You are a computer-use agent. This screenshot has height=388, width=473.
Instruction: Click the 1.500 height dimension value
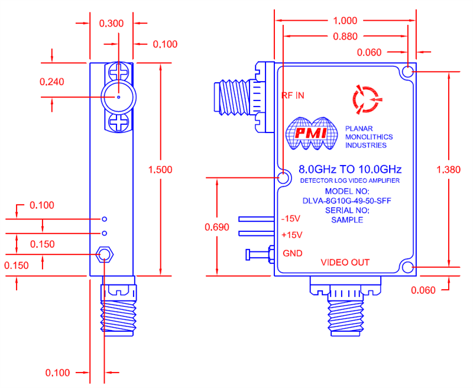tap(160, 169)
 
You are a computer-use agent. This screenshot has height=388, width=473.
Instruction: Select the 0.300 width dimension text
tap(111, 24)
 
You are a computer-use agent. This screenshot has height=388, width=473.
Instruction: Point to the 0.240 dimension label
tap(51, 82)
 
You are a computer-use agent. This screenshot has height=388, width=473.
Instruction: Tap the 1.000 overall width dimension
tap(346, 19)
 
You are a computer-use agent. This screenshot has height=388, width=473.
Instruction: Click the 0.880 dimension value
tap(345, 36)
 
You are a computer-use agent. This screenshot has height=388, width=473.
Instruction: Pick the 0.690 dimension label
tap(216, 227)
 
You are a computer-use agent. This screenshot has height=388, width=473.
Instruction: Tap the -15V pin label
tap(291, 218)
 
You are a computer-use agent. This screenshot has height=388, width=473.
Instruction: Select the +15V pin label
tap(292, 235)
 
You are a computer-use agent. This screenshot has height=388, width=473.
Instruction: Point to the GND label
tap(292, 253)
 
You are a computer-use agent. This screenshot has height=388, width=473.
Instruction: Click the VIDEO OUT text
tap(345, 262)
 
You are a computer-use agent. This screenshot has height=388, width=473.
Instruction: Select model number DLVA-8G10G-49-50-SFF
tap(346, 201)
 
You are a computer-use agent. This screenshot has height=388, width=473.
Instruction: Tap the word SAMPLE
tap(346, 219)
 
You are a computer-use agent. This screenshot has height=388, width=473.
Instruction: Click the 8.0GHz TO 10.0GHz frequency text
tap(346, 169)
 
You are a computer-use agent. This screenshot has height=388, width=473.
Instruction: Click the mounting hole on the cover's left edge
tap(284, 178)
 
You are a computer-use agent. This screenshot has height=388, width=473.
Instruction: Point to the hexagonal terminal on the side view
tap(105, 255)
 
